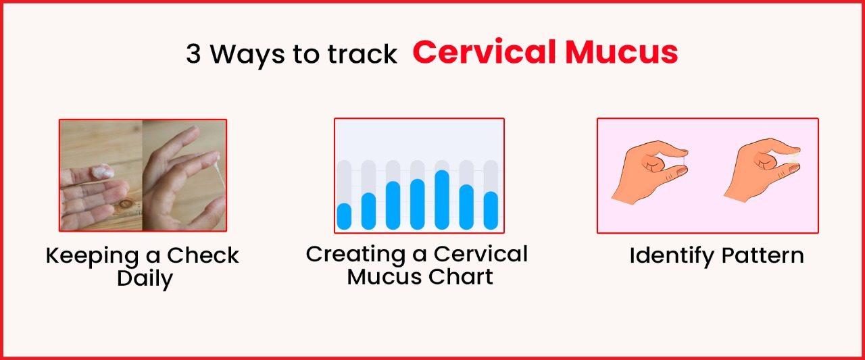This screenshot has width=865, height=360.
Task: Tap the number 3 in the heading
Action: tap(193, 55)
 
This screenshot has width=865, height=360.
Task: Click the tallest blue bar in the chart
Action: tap(442, 200)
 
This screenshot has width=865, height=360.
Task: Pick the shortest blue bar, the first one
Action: tap(344, 216)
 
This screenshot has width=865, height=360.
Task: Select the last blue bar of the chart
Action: tap(491, 210)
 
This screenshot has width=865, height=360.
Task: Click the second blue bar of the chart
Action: tap(368, 211)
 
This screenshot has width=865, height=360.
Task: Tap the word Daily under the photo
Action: tap(144, 278)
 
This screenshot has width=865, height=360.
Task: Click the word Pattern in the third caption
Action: tap(762, 256)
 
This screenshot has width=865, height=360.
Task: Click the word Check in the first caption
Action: tap(203, 256)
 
